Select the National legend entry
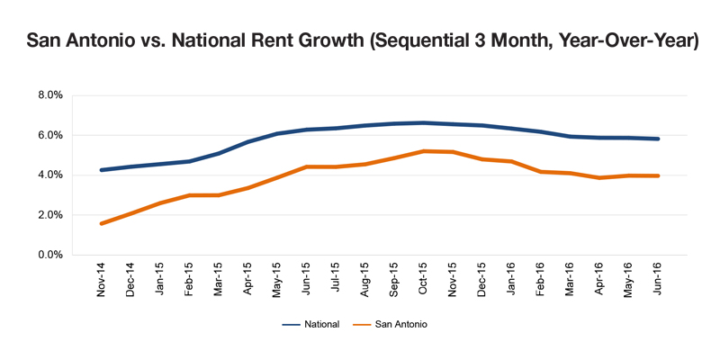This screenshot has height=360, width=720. point(310,324)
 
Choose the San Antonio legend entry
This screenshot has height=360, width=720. point(390,324)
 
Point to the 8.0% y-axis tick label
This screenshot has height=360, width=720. point(51,95)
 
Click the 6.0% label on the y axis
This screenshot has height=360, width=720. point(51,136)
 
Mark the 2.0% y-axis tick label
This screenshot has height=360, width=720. point(51,215)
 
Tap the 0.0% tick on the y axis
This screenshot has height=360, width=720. point(51,255)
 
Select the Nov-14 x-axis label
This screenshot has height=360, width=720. point(101,279)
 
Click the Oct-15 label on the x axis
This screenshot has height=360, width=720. point(423,280)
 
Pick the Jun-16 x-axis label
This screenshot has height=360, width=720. point(657,280)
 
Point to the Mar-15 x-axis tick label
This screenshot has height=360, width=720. point(218,280)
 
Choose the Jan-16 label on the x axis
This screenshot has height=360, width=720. point(510,280)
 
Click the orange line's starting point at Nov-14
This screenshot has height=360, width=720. point(102,223)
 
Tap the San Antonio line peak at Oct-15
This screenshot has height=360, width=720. point(423,150)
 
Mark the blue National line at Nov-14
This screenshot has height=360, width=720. point(102,170)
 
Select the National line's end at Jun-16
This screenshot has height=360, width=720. point(658,139)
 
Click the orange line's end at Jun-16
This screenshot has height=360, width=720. point(658,175)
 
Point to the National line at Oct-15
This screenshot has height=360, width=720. point(423,122)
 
